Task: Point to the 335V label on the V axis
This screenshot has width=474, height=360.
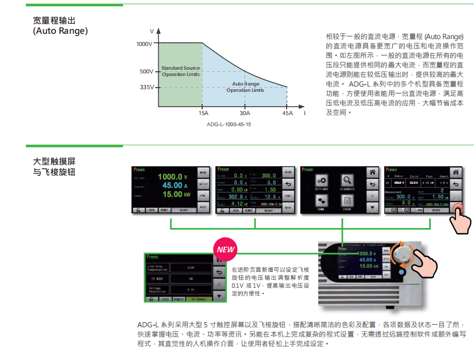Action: tap(147, 87)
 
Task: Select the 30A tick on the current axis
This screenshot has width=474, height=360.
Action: tap(245, 113)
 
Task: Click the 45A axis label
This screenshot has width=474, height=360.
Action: tap(287, 113)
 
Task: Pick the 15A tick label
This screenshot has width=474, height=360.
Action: tap(203, 113)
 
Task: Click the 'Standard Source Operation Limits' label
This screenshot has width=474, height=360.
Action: tap(181, 71)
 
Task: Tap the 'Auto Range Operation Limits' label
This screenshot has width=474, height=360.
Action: tap(245, 87)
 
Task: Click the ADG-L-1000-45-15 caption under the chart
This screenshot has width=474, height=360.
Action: tap(229, 125)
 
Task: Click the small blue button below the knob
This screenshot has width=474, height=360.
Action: tap(402, 272)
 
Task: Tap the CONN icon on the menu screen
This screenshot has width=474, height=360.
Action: tap(321, 201)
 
